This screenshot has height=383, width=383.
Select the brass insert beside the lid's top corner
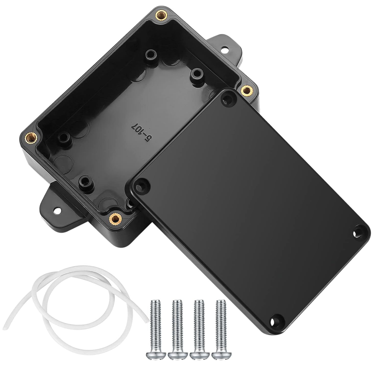coord(246,90)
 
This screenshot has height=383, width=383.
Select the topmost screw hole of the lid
coord(228,99)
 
